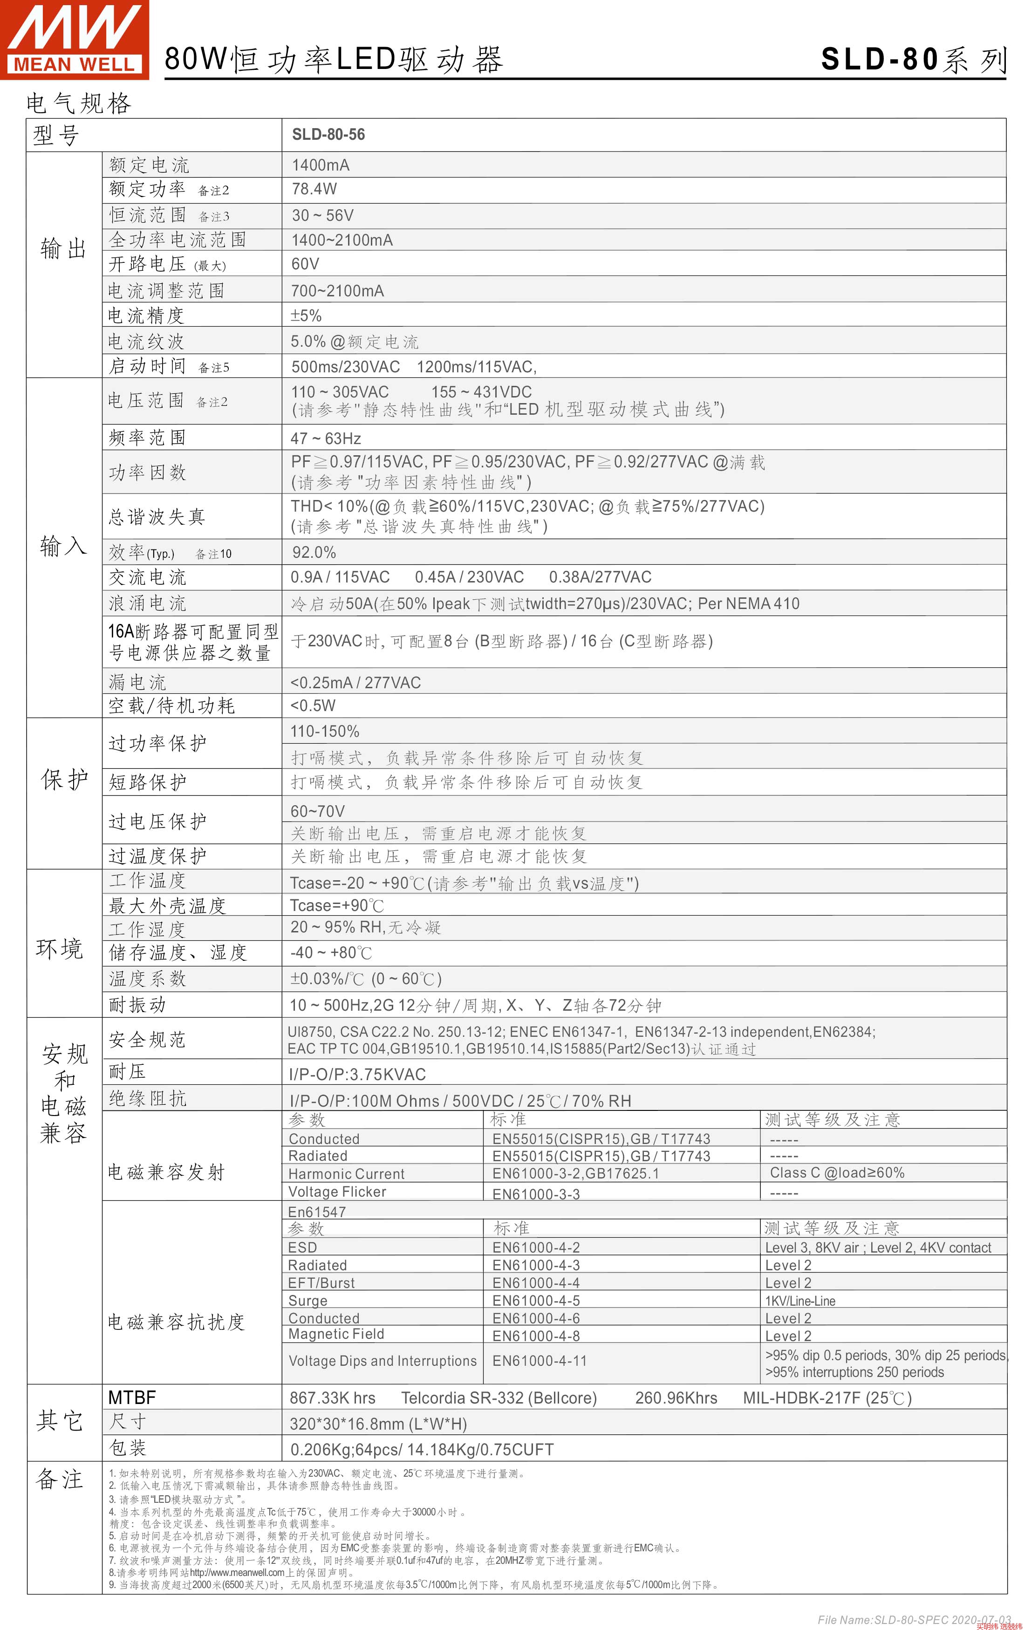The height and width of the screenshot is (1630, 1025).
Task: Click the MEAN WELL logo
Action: tap(75, 39)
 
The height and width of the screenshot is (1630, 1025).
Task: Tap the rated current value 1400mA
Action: tap(320, 165)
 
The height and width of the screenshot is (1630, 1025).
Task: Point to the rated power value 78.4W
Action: tap(314, 189)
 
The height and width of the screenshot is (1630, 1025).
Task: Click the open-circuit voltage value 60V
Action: tap(305, 264)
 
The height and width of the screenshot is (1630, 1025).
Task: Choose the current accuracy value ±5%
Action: tap(306, 315)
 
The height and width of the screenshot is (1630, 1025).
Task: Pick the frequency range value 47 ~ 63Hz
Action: tap(326, 438)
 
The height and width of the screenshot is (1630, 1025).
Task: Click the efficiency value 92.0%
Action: tap(314, 552)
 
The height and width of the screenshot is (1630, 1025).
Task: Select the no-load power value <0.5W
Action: tap(313, 705)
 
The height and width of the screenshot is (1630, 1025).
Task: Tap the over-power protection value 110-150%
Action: tap(324, 732)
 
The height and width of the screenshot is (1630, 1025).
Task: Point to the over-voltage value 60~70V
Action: tap(318, 811)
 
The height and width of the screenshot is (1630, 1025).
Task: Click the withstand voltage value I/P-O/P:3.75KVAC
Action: tap(357, 1074)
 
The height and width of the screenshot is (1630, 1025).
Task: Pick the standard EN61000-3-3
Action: tap(535, 1194)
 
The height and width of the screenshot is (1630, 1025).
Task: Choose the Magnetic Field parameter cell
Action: tap(336, 1334)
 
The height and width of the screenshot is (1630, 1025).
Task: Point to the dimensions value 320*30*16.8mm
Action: tap(378, 1424)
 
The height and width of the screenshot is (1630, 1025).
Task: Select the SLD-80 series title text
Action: tap(913, 60)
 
